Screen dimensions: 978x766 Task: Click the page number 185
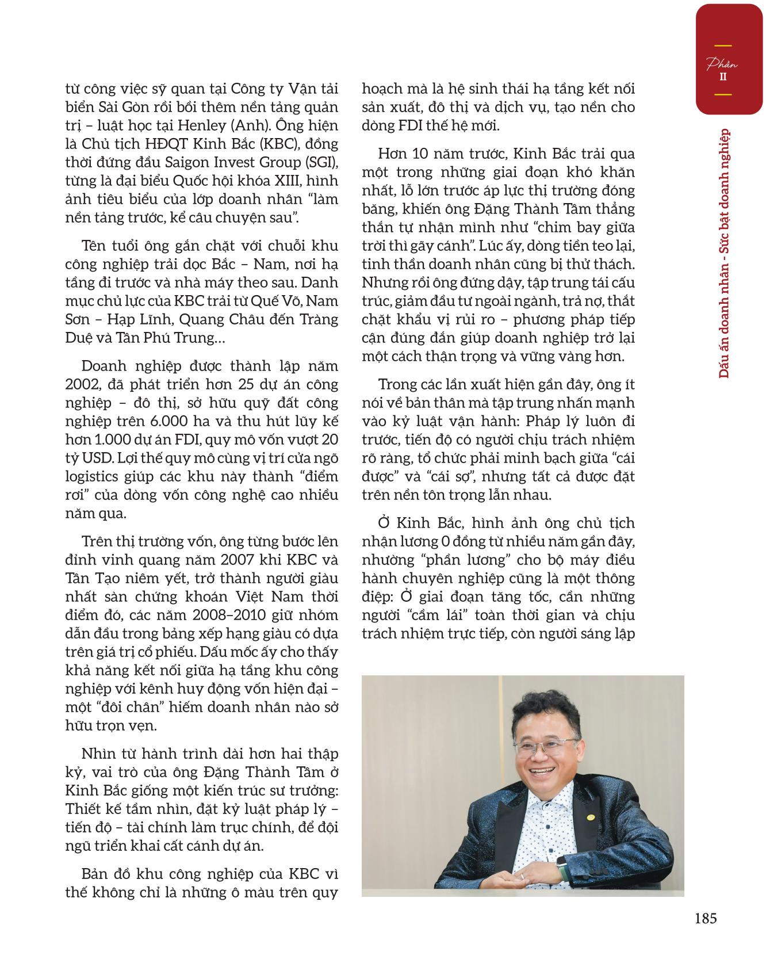(705, 919)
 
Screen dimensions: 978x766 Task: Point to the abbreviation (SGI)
(321, 163)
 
